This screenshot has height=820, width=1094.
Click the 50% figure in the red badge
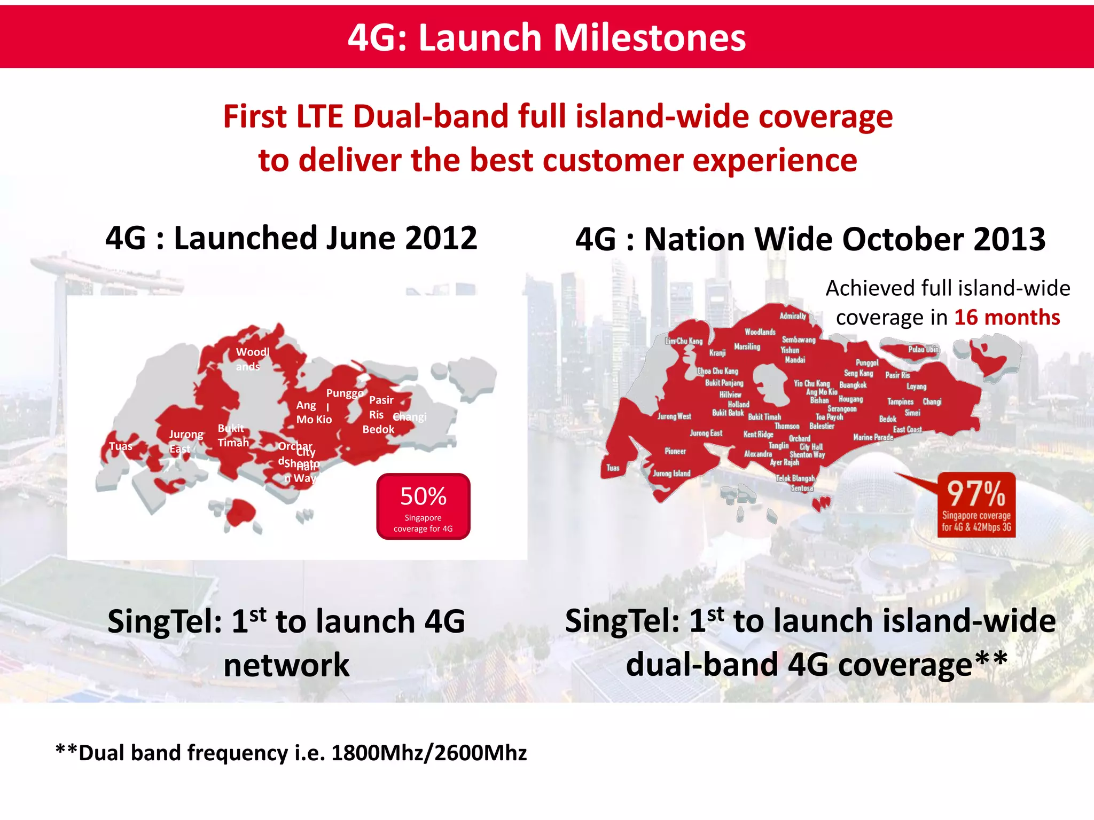tap(423, 496)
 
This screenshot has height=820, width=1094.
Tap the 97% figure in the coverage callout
tap(976, 494)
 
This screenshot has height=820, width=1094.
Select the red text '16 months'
tap(1007, 318)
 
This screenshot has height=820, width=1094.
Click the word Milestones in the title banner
tap(649, 38)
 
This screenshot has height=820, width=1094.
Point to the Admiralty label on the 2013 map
tap(793, 316)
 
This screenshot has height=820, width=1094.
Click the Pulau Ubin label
tap(923, 350)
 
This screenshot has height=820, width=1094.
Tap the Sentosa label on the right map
tap(802, 488)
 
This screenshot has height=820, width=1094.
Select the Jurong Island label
tap(671, 474)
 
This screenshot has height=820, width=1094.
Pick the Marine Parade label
tap(873, 437)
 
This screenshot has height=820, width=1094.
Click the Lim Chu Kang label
tap(684, 341)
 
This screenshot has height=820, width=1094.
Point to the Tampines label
tap(900, 402)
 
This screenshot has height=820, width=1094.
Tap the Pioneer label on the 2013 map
tap(675, 452)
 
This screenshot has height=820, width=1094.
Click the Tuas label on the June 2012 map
tap(121, 446)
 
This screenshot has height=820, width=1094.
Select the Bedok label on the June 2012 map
tap(378, 429)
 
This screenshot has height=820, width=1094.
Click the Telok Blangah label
tap(795, 479)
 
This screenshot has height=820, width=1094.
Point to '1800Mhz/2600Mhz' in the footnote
tap(429, 753)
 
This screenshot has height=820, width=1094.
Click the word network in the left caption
tap(286, 665)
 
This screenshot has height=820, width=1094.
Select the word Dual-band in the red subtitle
tap(430, 116)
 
